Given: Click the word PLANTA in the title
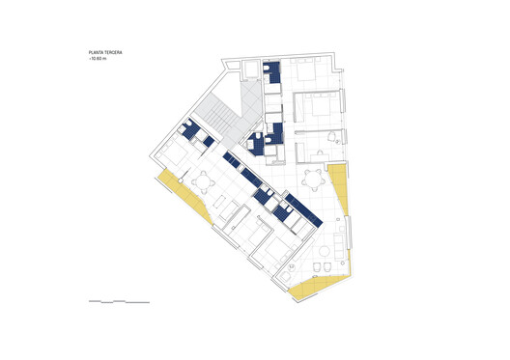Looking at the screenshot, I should (x=96, y=54).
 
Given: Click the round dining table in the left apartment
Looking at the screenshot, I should (x=204, y=180).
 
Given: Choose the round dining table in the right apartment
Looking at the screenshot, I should (x=313, y=178).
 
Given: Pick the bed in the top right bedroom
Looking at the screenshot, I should (x=310, y=73).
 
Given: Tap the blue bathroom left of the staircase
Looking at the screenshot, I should (x=194, y=131).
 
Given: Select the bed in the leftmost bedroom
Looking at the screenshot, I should (x=175, y=154).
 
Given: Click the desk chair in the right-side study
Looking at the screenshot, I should (x=333, y=137).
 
